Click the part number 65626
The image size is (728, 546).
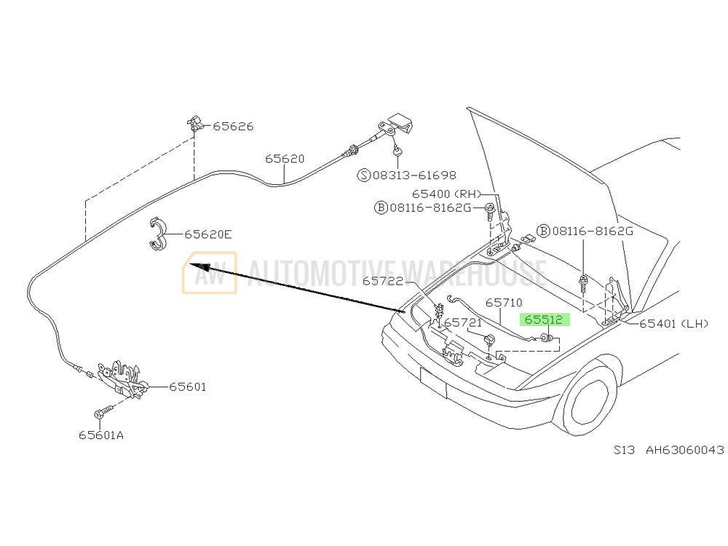(x=233, y=126)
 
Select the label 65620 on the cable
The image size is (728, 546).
(x=285, y=159)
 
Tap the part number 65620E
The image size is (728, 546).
(x=208, y=234)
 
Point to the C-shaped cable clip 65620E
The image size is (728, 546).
(x=158, y=234)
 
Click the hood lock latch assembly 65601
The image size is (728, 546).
(x=123, y=379)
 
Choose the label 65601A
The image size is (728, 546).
(x=101, y=435)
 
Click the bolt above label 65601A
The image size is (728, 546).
(x=103, y=412)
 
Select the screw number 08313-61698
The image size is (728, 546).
(x=415, y=175)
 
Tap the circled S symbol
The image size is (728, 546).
(x=364, y=175)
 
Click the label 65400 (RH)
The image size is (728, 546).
(x=447, y=194)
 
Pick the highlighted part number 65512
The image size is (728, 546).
(x=543, y=320)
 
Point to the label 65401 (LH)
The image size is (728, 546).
(x=673, y=324)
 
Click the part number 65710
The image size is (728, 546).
(x=505, y=303)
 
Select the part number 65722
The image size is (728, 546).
(x=383, y=281)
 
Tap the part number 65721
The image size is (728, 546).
(x=463, y=323)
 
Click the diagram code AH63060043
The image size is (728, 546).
(x=685, y=450)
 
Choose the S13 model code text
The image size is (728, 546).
(x=624, y=450)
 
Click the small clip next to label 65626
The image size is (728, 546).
(x=195, y=123)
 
